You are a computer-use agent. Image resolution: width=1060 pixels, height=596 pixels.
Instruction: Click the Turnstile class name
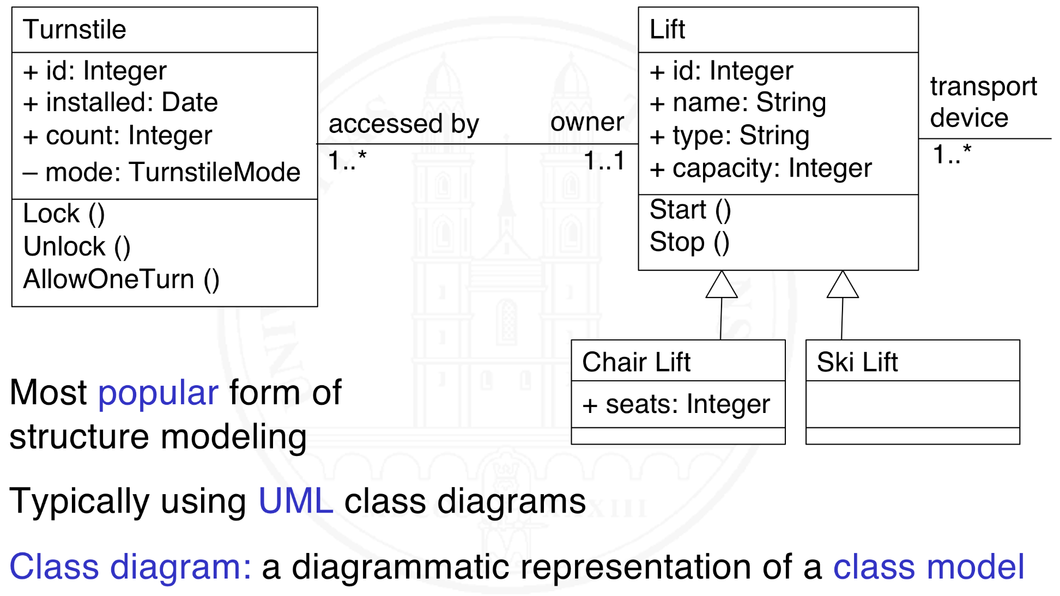pyautogui.click(x=75, y=29)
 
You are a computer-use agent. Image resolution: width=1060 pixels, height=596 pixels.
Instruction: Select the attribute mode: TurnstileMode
pyautogui.click(x=162, y=172)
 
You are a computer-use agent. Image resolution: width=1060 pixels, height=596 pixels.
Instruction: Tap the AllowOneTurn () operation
pyautogui.click(x=121, y=279)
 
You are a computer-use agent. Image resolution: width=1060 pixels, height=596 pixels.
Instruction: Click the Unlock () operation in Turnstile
pyautogui.click(x=77, y=247)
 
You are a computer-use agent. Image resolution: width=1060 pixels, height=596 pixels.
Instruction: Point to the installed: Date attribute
pyautogui.click(x=120, y=102)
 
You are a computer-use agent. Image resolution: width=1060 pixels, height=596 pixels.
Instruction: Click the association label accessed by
pyautogui.click(x=403, y=124)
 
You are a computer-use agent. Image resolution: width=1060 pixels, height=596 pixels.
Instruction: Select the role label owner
pyautogui.click(x=587, y=122)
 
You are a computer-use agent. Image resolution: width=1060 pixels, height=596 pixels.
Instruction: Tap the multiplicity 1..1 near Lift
pyautogui.click(x=604, y=161)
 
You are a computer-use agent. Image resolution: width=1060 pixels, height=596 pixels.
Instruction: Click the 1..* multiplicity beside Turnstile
pyautogui.click(x=347, y=161)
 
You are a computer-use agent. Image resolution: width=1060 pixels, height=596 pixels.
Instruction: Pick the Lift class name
pyautogui.click(x=667, y=29)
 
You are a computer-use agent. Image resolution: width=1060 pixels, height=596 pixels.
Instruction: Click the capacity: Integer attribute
pyautogui.click(x=761, y=168)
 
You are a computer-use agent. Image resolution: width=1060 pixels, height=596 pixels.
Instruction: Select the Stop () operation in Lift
pyautogui.click(x=689, y=242)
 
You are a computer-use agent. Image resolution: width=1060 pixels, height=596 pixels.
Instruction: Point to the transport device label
pyautogui.click(x=983, y=102)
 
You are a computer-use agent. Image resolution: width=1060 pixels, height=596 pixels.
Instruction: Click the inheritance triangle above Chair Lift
pyautogui.click(x=722, y=286)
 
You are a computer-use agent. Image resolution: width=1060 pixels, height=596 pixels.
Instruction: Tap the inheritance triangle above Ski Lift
pyautogui.click(x=843, y=286)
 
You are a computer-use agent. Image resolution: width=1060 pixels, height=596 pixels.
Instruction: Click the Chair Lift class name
pyautogui.click(x=636, y=362)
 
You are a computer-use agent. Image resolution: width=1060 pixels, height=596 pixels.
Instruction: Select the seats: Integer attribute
pyautogui.click(x=676, y=404)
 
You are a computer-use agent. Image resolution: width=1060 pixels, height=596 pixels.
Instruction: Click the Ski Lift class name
pyautogui.click(x=857, y=362)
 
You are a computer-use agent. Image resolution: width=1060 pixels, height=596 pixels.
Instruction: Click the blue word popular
pyautogui.click(x=158, y=392)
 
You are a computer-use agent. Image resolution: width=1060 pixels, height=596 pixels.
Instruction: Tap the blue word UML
pyautogui.click(x=295, y=501)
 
